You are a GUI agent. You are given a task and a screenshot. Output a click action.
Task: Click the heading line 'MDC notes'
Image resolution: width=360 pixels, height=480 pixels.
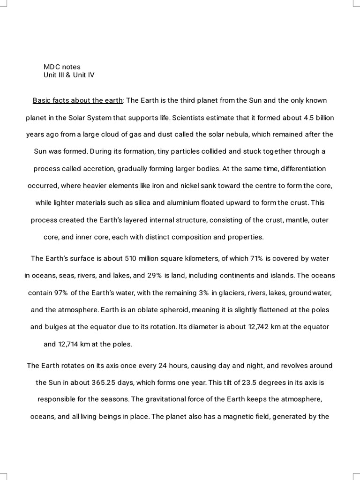pyautogui.click(x=62, y=67)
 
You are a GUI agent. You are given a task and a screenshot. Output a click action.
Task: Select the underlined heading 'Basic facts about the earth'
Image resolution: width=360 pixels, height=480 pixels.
pyautogui.click(x=78, y=100)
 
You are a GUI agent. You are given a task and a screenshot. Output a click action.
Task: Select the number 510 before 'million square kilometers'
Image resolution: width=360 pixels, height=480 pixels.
pyautogui.click(x=131, y=259)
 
